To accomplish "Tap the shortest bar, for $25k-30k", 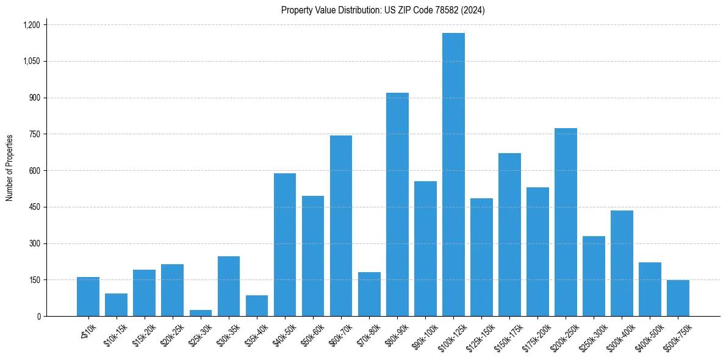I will [200, 313].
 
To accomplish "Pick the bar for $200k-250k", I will [566, 222].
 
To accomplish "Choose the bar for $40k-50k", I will [285, 245].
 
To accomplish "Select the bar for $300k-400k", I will [622, 263].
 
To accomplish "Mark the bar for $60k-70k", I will [341, 226].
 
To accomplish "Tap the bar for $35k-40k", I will [257, 306].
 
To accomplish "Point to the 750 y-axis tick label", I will [34, 134].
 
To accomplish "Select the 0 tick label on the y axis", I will [39, 316].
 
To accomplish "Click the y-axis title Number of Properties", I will [10, 168].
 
